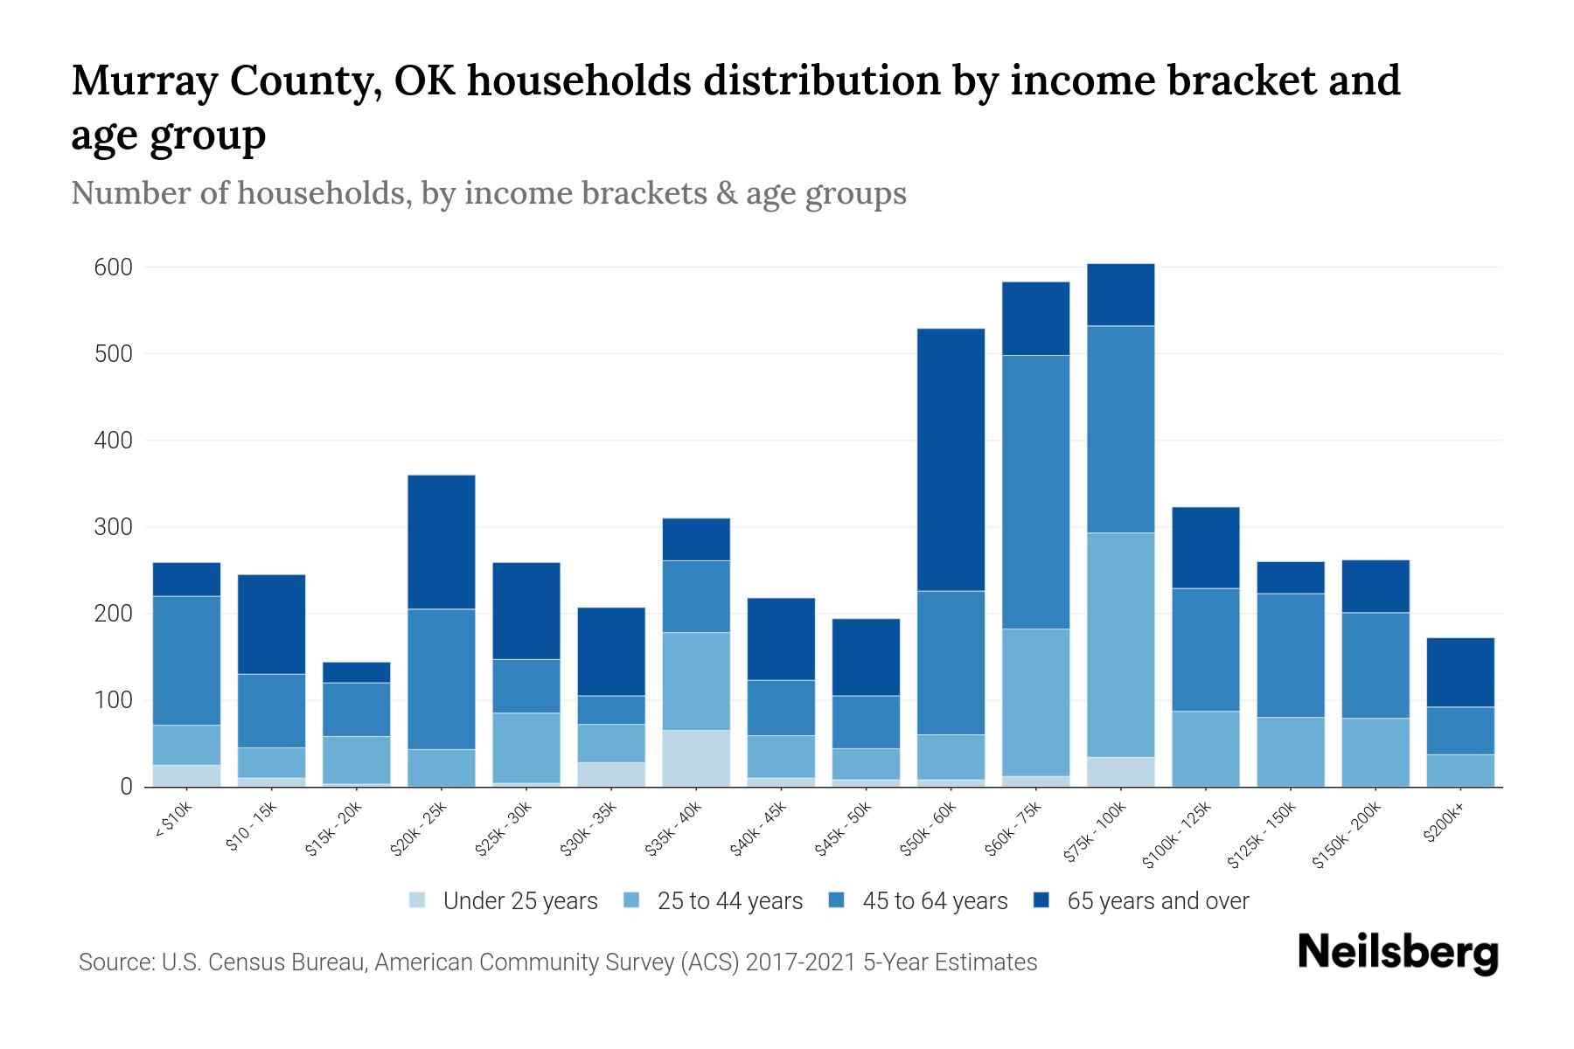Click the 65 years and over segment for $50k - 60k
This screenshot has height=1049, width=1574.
point(951,460)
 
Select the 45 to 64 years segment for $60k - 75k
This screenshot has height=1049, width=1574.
point(1035,492)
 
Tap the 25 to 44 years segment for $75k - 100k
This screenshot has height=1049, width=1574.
point(1120,645)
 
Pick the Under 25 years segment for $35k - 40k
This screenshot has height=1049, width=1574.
point(696,759)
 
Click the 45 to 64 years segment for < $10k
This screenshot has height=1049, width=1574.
point(186,661)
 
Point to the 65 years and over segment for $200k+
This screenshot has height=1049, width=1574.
point(1460,672)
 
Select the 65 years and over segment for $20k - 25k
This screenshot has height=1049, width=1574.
point(442,542)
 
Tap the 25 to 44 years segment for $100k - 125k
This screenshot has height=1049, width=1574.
point(1205,749)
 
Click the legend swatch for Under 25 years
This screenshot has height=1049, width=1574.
point(418,900)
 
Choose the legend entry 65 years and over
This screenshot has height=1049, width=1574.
point(1157,901)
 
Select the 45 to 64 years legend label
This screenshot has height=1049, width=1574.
point(934,901)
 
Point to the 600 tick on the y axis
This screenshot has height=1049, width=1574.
point(113,267)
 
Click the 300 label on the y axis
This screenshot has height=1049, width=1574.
point(113,527)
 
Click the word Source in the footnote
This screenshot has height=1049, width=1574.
point(114,962)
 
